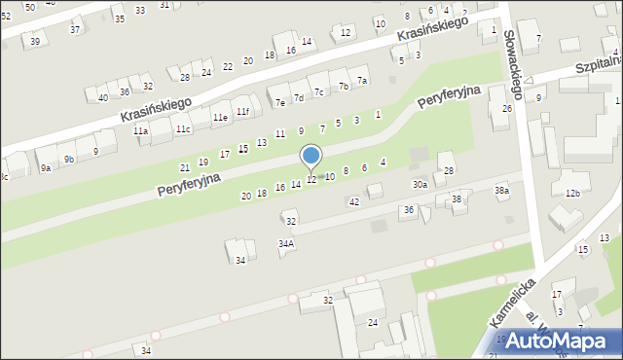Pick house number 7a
[x=362, y=81]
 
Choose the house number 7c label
[x=318, y=91]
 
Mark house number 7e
[x=280, y=102]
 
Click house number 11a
[x=141, y=131]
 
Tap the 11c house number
[x=183, y=128]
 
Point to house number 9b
[x=68, y=159]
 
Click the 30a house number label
[x=420, y=184]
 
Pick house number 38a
[x=501, y=191]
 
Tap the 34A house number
[x=286, y=244]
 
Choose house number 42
[x=354, y=201]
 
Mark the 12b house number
[x=572, y=194]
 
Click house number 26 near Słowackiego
[x=506, y=108]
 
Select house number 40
[x=103, y=97]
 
